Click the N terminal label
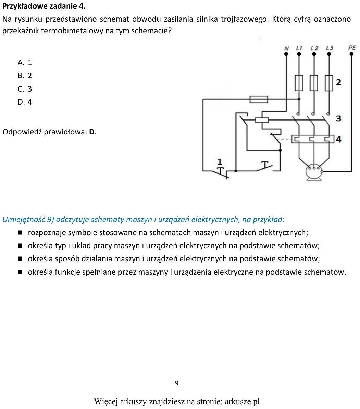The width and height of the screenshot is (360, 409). [x=286, y=48]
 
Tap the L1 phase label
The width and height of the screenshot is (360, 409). [x=299, y=48]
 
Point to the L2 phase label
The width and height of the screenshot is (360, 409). [x=314, y=48]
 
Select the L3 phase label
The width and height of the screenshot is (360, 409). [x=330, y=48]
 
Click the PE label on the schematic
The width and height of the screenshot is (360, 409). [x=352, y=47]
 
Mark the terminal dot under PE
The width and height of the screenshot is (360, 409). [x=351, y=54]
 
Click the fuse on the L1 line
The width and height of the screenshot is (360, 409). [x=299, y=83]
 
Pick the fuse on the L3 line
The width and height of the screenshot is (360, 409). [x=329, y=83]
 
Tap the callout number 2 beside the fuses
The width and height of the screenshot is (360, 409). [x=339, y=82]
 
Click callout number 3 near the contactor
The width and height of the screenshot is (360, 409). [x=339, y=118]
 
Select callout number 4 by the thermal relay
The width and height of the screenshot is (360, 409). [x=339, y=139]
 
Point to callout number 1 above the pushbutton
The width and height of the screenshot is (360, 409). [x=220, y=162]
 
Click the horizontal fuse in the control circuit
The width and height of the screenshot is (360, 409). [x=259, y=99]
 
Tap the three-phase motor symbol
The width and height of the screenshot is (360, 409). [x=314, y=172]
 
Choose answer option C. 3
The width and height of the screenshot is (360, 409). [x=25, y=89]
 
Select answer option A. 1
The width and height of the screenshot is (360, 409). [x=25, y=63]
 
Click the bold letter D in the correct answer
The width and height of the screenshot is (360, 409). [x=92, y=132]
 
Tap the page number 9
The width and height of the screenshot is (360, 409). [x=177, y=383]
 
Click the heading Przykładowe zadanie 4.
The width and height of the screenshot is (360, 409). [x=44, y=6]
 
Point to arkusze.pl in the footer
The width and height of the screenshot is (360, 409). [x=242, y=401]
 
